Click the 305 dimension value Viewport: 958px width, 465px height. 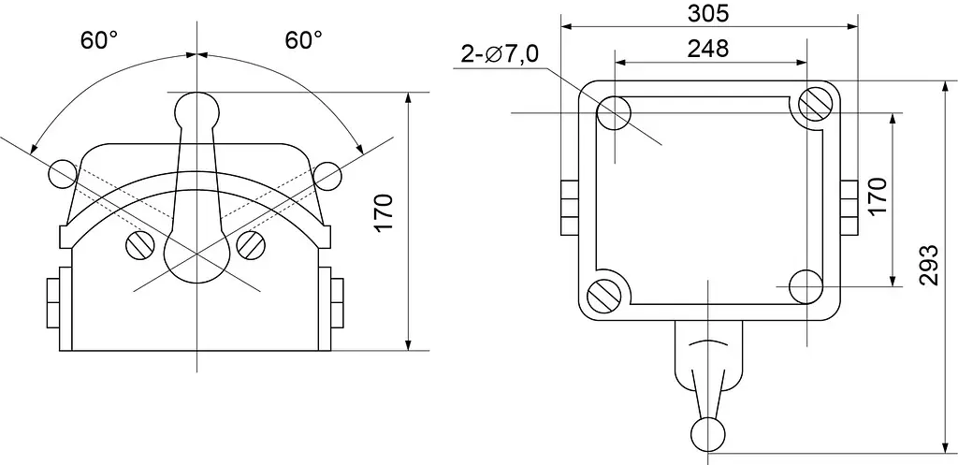tap(708, 13)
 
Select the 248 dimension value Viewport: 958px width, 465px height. tap(708, 49)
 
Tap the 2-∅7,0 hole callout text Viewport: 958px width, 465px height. tap(500, 54)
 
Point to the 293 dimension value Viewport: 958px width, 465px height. tap(928, 265)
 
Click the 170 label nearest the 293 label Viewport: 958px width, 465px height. tap(877, 196)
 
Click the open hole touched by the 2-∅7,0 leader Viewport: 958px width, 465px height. tap(614, 113)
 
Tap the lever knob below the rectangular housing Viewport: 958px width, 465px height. tap(708, 434)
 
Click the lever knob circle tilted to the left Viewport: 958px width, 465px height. tap(63, 174)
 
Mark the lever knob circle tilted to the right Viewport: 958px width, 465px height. tap(327, 176)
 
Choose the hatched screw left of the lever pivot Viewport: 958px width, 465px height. tap(141, 246)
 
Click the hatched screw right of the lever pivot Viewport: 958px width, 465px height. tap(251, 246)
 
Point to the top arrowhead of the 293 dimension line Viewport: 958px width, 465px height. tap(941, 86)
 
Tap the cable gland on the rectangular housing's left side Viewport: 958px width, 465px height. tap(569, 208)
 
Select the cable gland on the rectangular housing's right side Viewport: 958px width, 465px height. tap(849, 208)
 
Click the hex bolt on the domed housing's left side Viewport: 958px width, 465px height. tap(53, 302)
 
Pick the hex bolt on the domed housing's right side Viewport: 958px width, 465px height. tap(337, 302)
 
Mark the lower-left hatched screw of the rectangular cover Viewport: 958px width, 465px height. tap(603, 297)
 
